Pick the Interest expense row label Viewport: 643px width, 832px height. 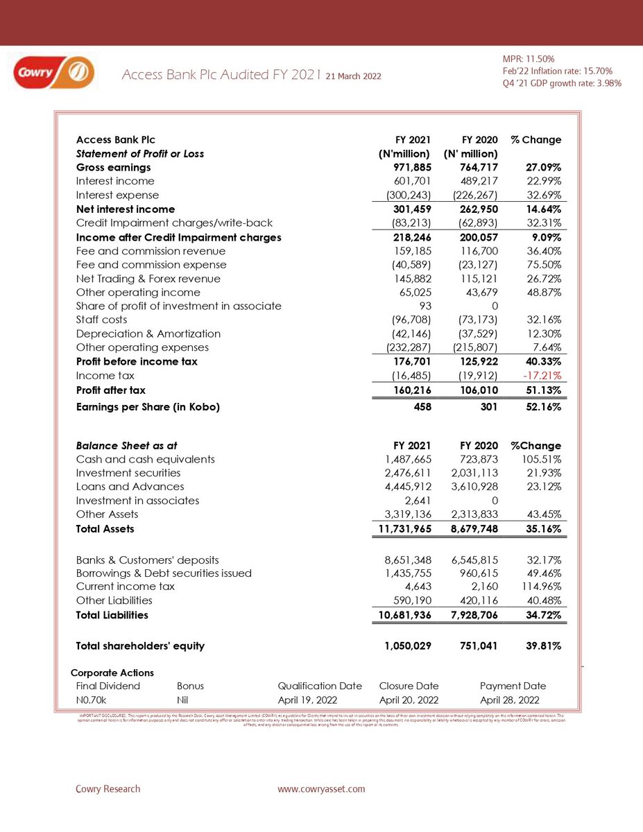(x=117, y=195)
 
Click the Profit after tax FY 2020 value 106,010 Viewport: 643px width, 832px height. (x=477, y=390)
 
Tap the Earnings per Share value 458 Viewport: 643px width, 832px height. (x=423, y=407)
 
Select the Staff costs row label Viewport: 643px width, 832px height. (x=102, y=320)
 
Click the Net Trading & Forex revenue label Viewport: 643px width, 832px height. (x=148, y=278)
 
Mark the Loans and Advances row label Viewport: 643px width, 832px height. (x=130, y=487)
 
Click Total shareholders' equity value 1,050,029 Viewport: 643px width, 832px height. (x=409, y=645)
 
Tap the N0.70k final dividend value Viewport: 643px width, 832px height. (x=91, y=700)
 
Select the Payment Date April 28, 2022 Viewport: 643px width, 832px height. (x=508, y=700)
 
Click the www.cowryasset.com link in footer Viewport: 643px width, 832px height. (x=321, y=789)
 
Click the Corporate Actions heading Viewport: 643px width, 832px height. (x=113, y=673)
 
